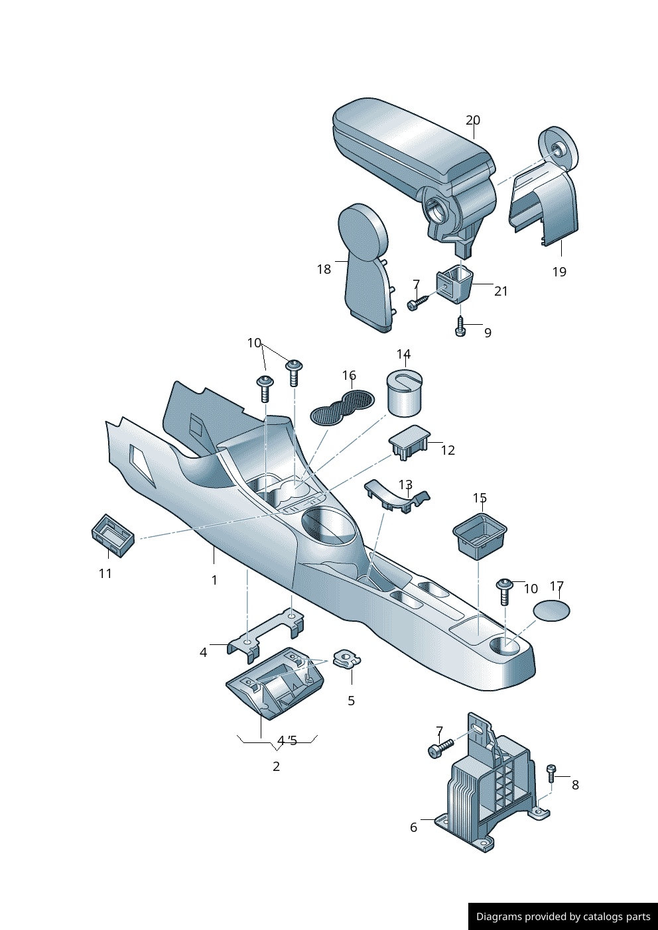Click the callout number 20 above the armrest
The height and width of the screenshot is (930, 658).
(472, 120)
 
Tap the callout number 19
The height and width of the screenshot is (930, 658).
(559, 272)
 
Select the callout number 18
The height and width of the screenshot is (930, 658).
(324, 269)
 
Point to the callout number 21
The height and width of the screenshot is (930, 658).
(501, 291)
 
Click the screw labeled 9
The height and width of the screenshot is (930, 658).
(461, 326)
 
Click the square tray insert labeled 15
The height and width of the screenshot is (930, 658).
(480, 534)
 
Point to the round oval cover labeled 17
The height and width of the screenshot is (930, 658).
(552, 610)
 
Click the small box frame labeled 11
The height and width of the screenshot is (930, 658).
(112, 536)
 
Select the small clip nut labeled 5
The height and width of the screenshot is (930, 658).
(347, 659)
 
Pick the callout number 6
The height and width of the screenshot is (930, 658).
(414, 827)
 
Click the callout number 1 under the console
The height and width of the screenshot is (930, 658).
(214, 580)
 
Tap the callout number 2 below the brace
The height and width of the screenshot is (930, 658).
(276, 766)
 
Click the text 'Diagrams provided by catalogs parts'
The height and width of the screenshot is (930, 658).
(563, 917)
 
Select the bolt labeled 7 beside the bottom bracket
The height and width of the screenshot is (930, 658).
(440, 749)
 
